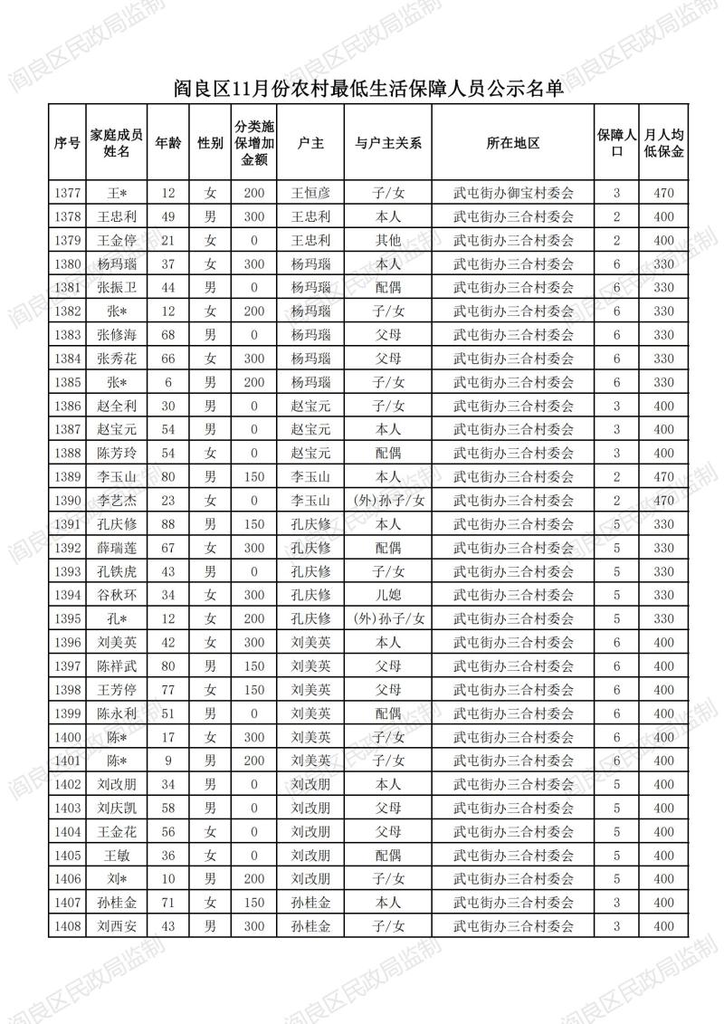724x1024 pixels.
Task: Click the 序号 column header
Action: pyautogui.click(x=67, y=143)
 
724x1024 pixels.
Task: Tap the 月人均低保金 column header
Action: pyautogui.click(x=663, y=143)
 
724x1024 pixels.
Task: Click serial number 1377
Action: pyautogui.click(x=67, y=193)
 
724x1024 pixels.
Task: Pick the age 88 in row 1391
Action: pyautogui.click(x=167, y=524)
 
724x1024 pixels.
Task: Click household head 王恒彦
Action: pyautogui.click(x=310, y=193)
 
